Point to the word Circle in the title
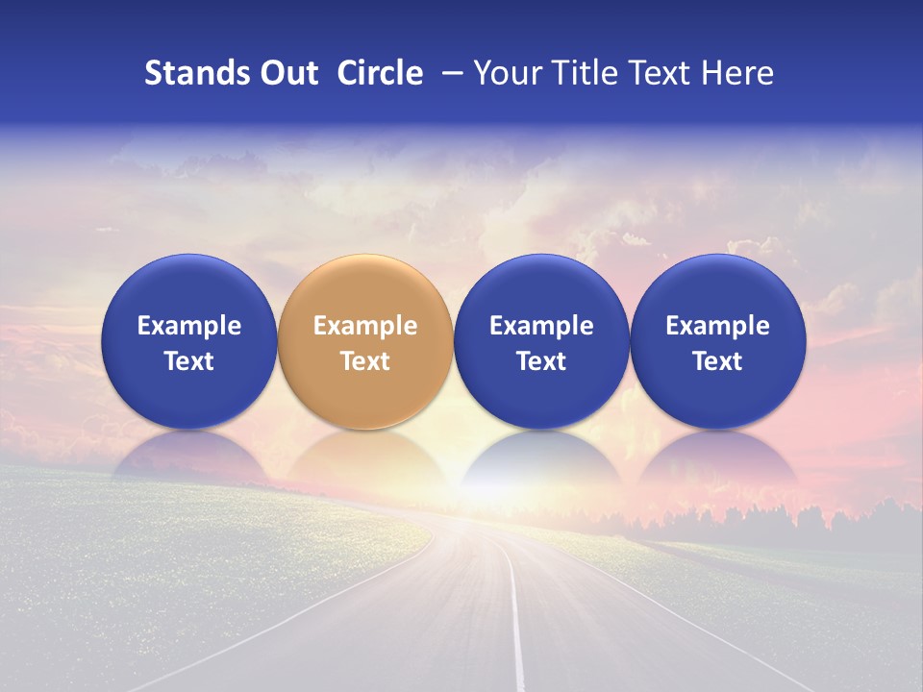380,73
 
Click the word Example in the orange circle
364,326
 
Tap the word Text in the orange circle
364,361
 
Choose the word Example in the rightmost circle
717,326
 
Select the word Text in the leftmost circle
188,361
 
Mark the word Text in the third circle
541,361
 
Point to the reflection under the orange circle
364,457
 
